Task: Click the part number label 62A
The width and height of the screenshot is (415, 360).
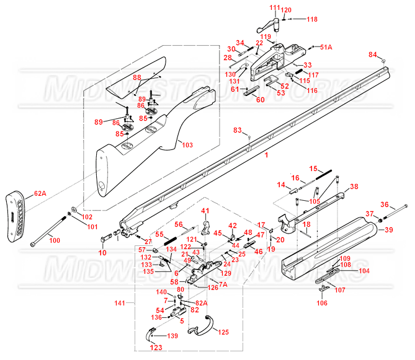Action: pyautogui.click(x=40, y=194)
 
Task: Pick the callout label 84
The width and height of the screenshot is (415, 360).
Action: pyautogui.click(x=373, y=55)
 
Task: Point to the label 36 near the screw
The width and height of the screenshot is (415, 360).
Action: pyautogui.click(x=384, y=204)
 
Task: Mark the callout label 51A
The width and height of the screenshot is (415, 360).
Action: pyautogui.click(x=326, y=47)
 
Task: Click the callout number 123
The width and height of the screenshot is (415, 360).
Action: pyautogui.click(x=156, y=348)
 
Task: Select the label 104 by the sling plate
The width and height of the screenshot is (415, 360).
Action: pyautogui.click(x=364, y=271)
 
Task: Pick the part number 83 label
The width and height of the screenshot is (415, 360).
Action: pyautogui.click(x=238, y=130)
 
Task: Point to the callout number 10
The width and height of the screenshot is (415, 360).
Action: pyautogui.click(x=103, y=253)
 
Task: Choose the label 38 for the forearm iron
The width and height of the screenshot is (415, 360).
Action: pyautogui.click(x=354, y=187)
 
